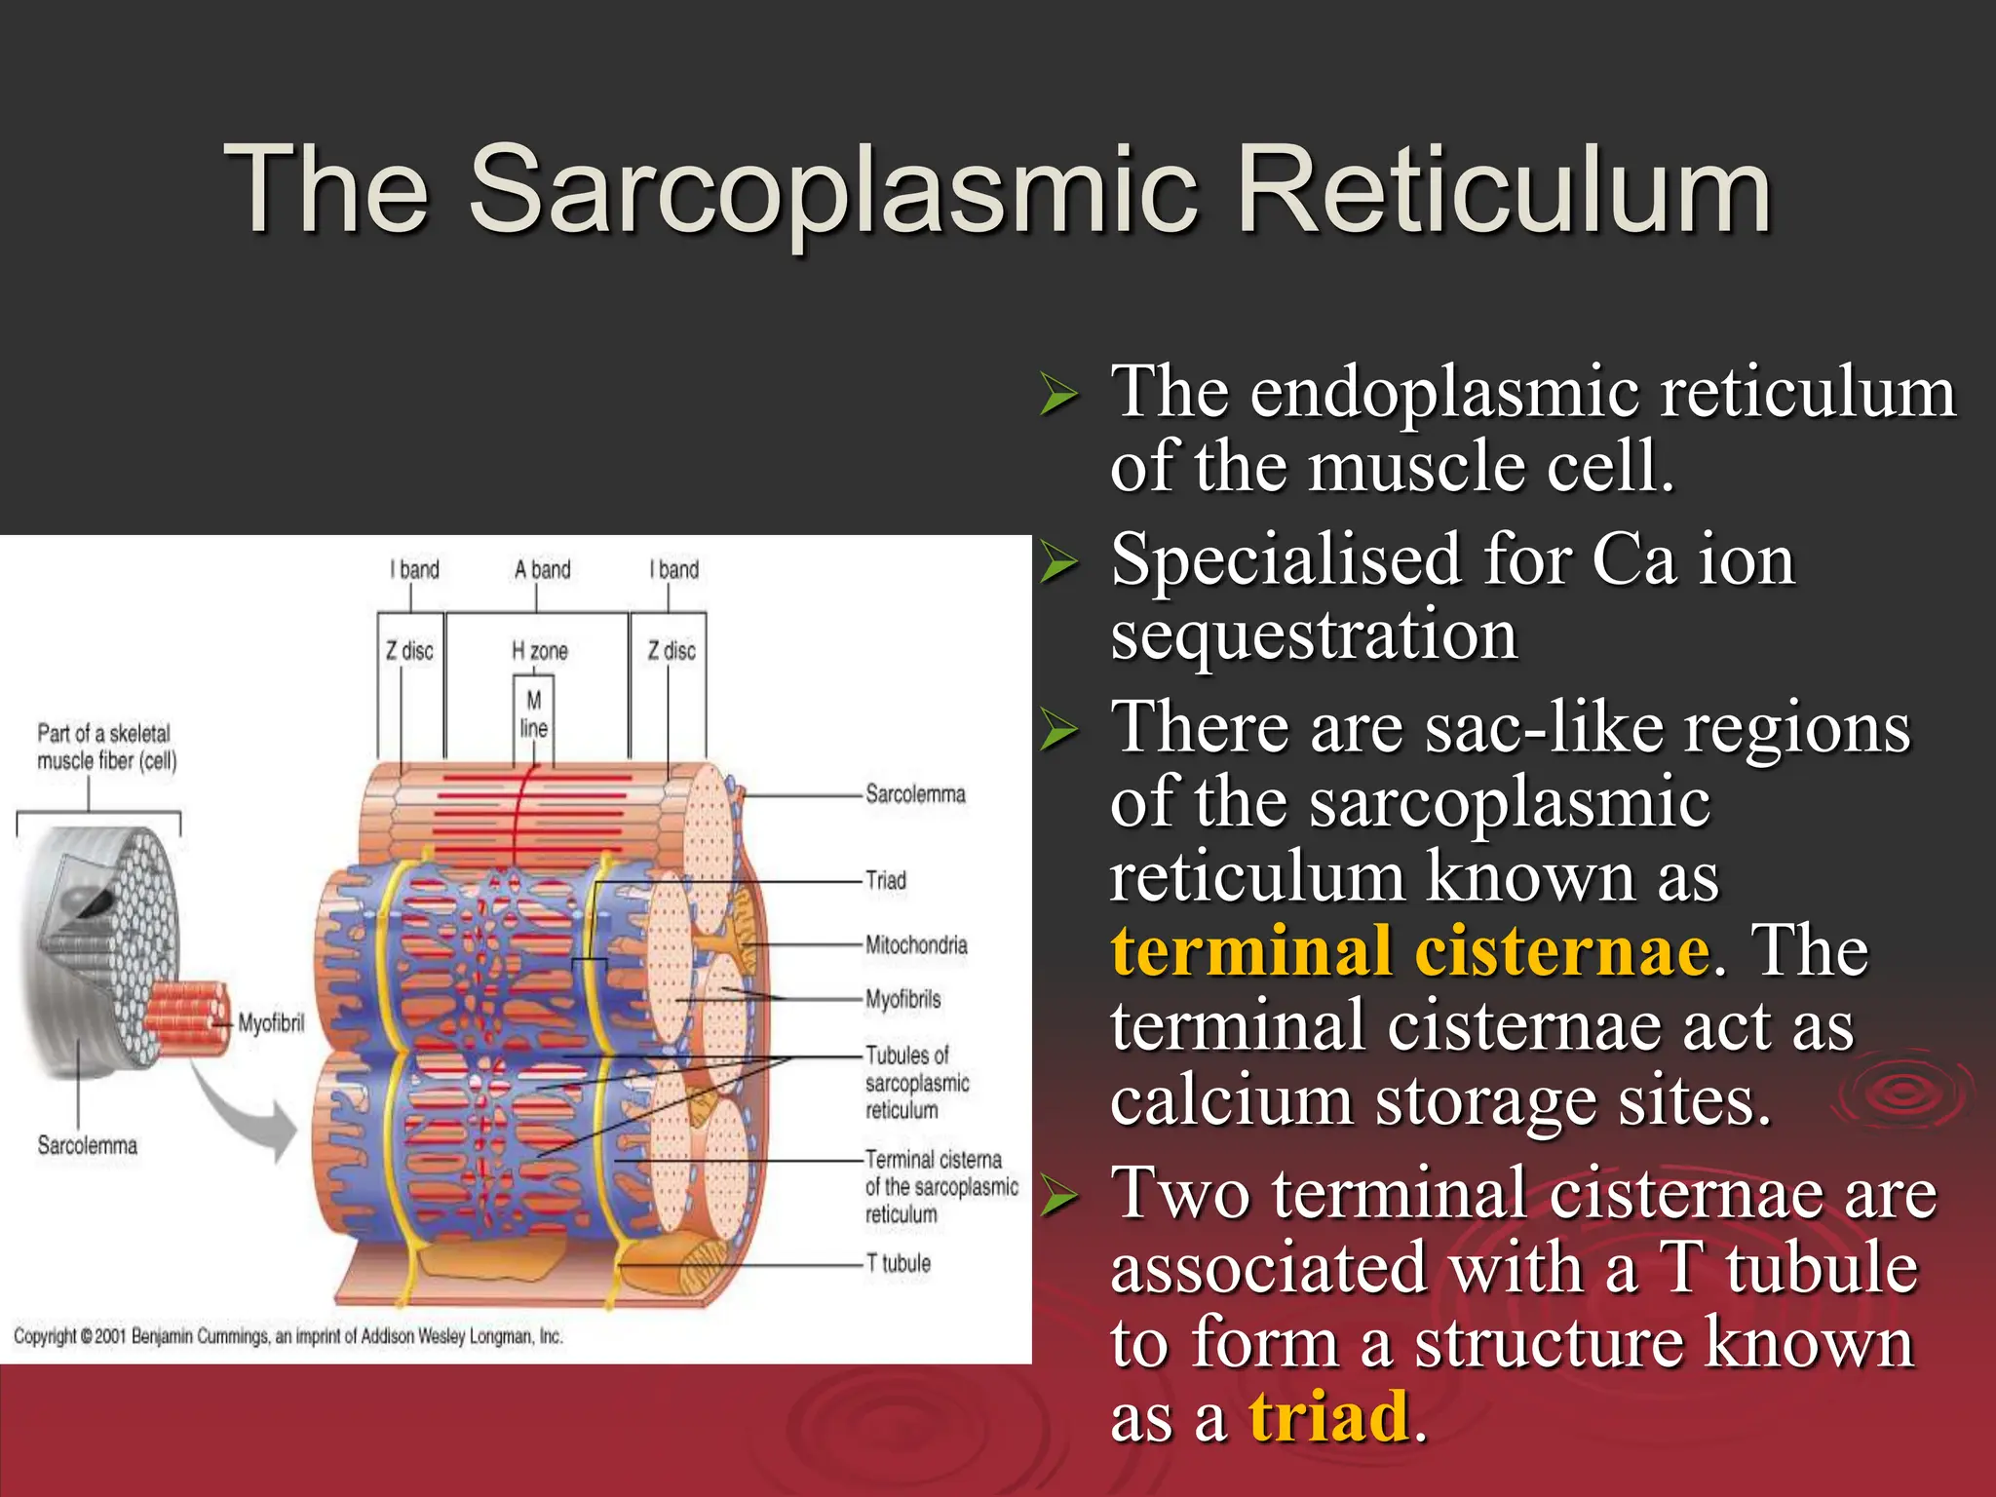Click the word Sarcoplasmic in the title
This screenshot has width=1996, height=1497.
tap(833, 190)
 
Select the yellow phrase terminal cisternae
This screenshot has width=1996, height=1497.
tap(1409, 951)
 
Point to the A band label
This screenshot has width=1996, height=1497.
tap(542, 570)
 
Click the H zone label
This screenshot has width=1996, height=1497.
tap(540, 651)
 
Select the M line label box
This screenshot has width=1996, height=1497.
tap(533, 714)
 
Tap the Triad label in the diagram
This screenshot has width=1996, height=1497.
tap(886, 881)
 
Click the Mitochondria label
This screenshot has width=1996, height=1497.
tap(916, 945)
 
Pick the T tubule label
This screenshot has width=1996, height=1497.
tap(899, 1264)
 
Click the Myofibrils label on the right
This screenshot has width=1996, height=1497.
tap(903, 1000)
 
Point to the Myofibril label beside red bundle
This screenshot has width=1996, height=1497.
tap(271, 1023)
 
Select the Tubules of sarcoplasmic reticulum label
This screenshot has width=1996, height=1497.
tap(916, 1083)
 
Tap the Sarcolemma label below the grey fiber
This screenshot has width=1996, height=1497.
tap(88, 1146)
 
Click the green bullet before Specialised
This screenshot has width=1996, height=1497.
tap(1059, 564)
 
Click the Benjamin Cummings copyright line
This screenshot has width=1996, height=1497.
tap(288, 1336)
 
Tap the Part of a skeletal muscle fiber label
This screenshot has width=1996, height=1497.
tap(107, 748)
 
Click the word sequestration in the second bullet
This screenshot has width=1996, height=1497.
tap(1314, 635)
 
